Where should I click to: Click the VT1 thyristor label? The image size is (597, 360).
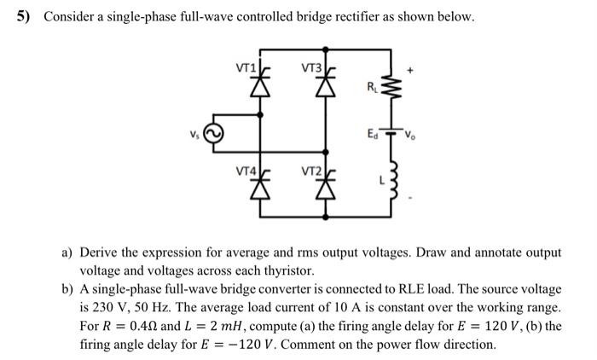click(245, 67)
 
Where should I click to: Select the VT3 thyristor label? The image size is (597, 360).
click(311, 67)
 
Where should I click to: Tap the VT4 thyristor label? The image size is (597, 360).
click(245, 170)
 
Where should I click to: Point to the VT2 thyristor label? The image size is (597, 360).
click(311, 170)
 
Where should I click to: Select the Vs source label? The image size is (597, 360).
click(197, 134)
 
